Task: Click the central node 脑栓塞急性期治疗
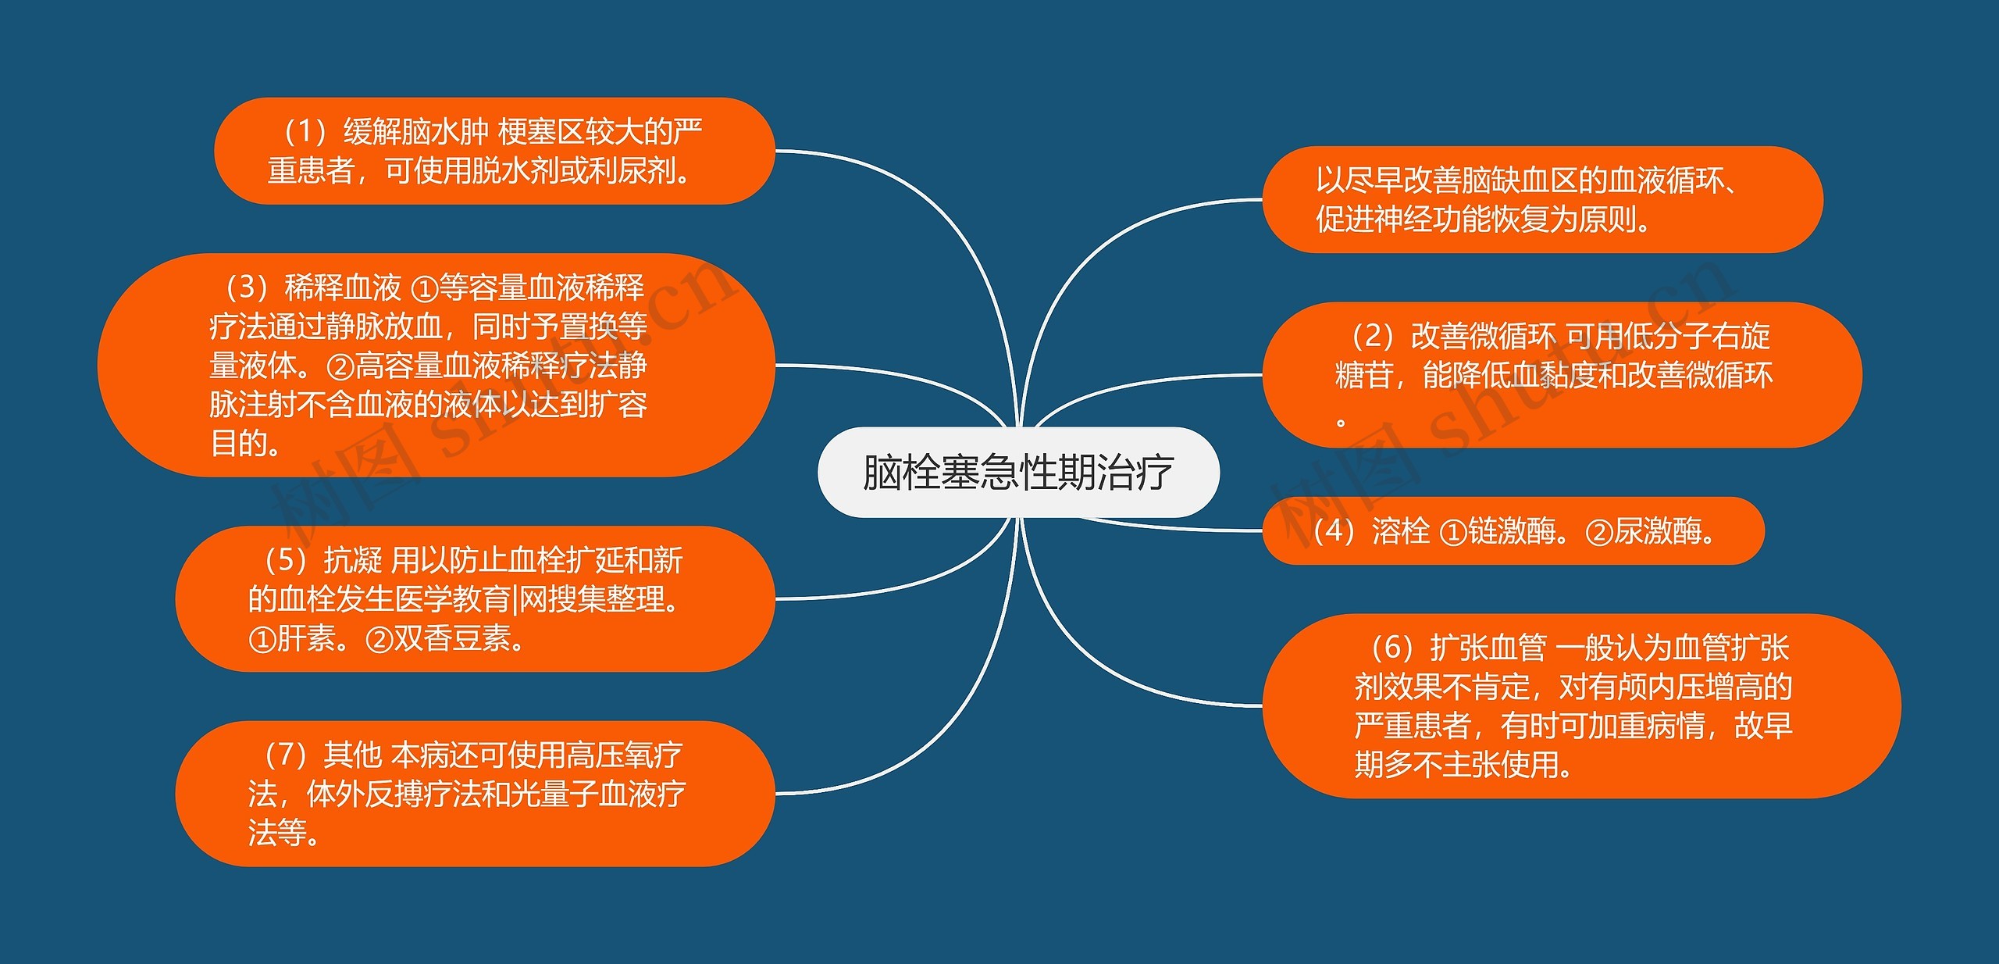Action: click(1017, 472)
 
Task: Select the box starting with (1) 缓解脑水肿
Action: click(494, 151)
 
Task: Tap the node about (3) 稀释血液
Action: click(436, 365)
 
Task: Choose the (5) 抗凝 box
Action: click(475, 599)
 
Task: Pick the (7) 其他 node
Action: click(475, 794)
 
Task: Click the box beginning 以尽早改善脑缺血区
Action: click(1542, 199)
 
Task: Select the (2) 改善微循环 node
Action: click(1562, 375)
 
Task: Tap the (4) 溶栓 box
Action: click(1513, 531)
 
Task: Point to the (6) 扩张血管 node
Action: click(1581, 705)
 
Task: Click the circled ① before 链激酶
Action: click(1453, 533)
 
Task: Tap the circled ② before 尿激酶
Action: click(1598, 533)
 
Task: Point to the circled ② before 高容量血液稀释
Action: click(340, 366)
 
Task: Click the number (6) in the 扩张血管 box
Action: click(1393, 648)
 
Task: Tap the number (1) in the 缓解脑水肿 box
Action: click(305, 132)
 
